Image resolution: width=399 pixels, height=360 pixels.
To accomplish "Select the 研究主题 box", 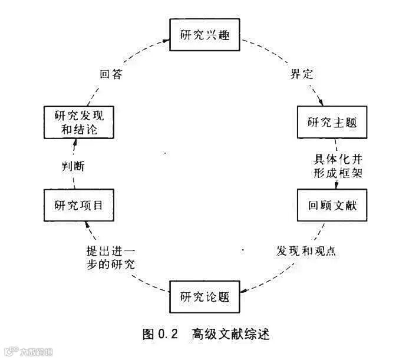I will point(332,122).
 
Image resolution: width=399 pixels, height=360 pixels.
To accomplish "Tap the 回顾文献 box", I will point(332,206).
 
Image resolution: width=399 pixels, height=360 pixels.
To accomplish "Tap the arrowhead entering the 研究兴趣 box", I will point(166,40).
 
